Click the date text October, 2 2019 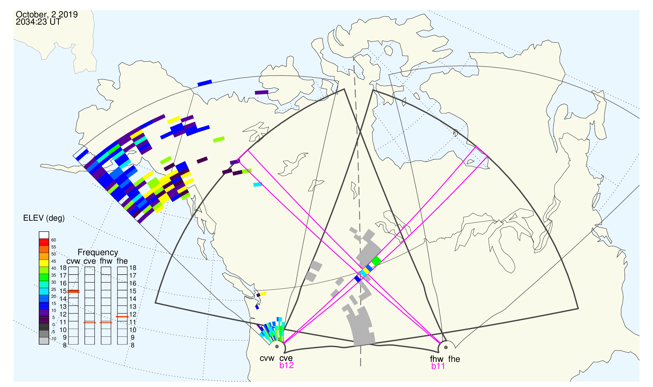click(47, 15)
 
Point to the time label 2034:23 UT click(38, 22)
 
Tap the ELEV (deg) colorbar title click(44, 218)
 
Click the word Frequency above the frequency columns click(98, 253)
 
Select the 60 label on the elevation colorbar click(53, 240)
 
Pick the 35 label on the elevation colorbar click(53, 275)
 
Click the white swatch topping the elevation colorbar click(44, 235)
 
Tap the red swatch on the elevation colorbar click(44, 242)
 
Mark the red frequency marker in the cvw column click(73, 292)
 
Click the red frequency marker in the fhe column click(122, 317)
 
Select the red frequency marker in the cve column click(90, 323)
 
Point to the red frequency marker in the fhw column click(106, 323)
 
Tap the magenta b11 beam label click(438, 366)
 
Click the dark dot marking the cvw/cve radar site click(277, 347)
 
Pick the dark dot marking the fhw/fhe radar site click(446, 347)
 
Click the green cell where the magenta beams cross click(376, 261)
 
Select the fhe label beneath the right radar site click(454, 359)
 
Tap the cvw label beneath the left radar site click(267, 359)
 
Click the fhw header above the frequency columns click(106, 261)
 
